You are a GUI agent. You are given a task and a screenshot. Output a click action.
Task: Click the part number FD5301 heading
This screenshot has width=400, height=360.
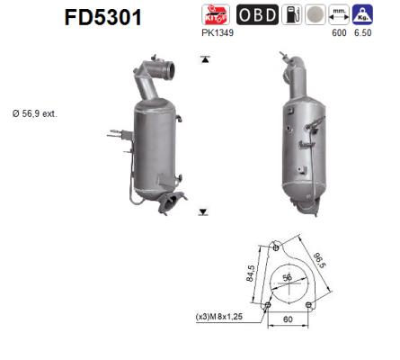102,18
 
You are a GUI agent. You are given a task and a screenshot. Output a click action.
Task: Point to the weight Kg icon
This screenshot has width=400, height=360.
363,14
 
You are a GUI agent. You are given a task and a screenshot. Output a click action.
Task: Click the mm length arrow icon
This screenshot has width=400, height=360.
340,14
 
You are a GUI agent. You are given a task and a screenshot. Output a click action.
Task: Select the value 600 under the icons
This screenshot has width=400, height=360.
340,34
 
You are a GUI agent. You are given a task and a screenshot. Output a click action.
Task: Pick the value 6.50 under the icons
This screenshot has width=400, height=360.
363,34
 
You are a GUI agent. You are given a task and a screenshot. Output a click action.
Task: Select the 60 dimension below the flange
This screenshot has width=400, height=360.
288,319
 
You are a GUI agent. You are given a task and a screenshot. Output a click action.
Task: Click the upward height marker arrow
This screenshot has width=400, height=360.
204,59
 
